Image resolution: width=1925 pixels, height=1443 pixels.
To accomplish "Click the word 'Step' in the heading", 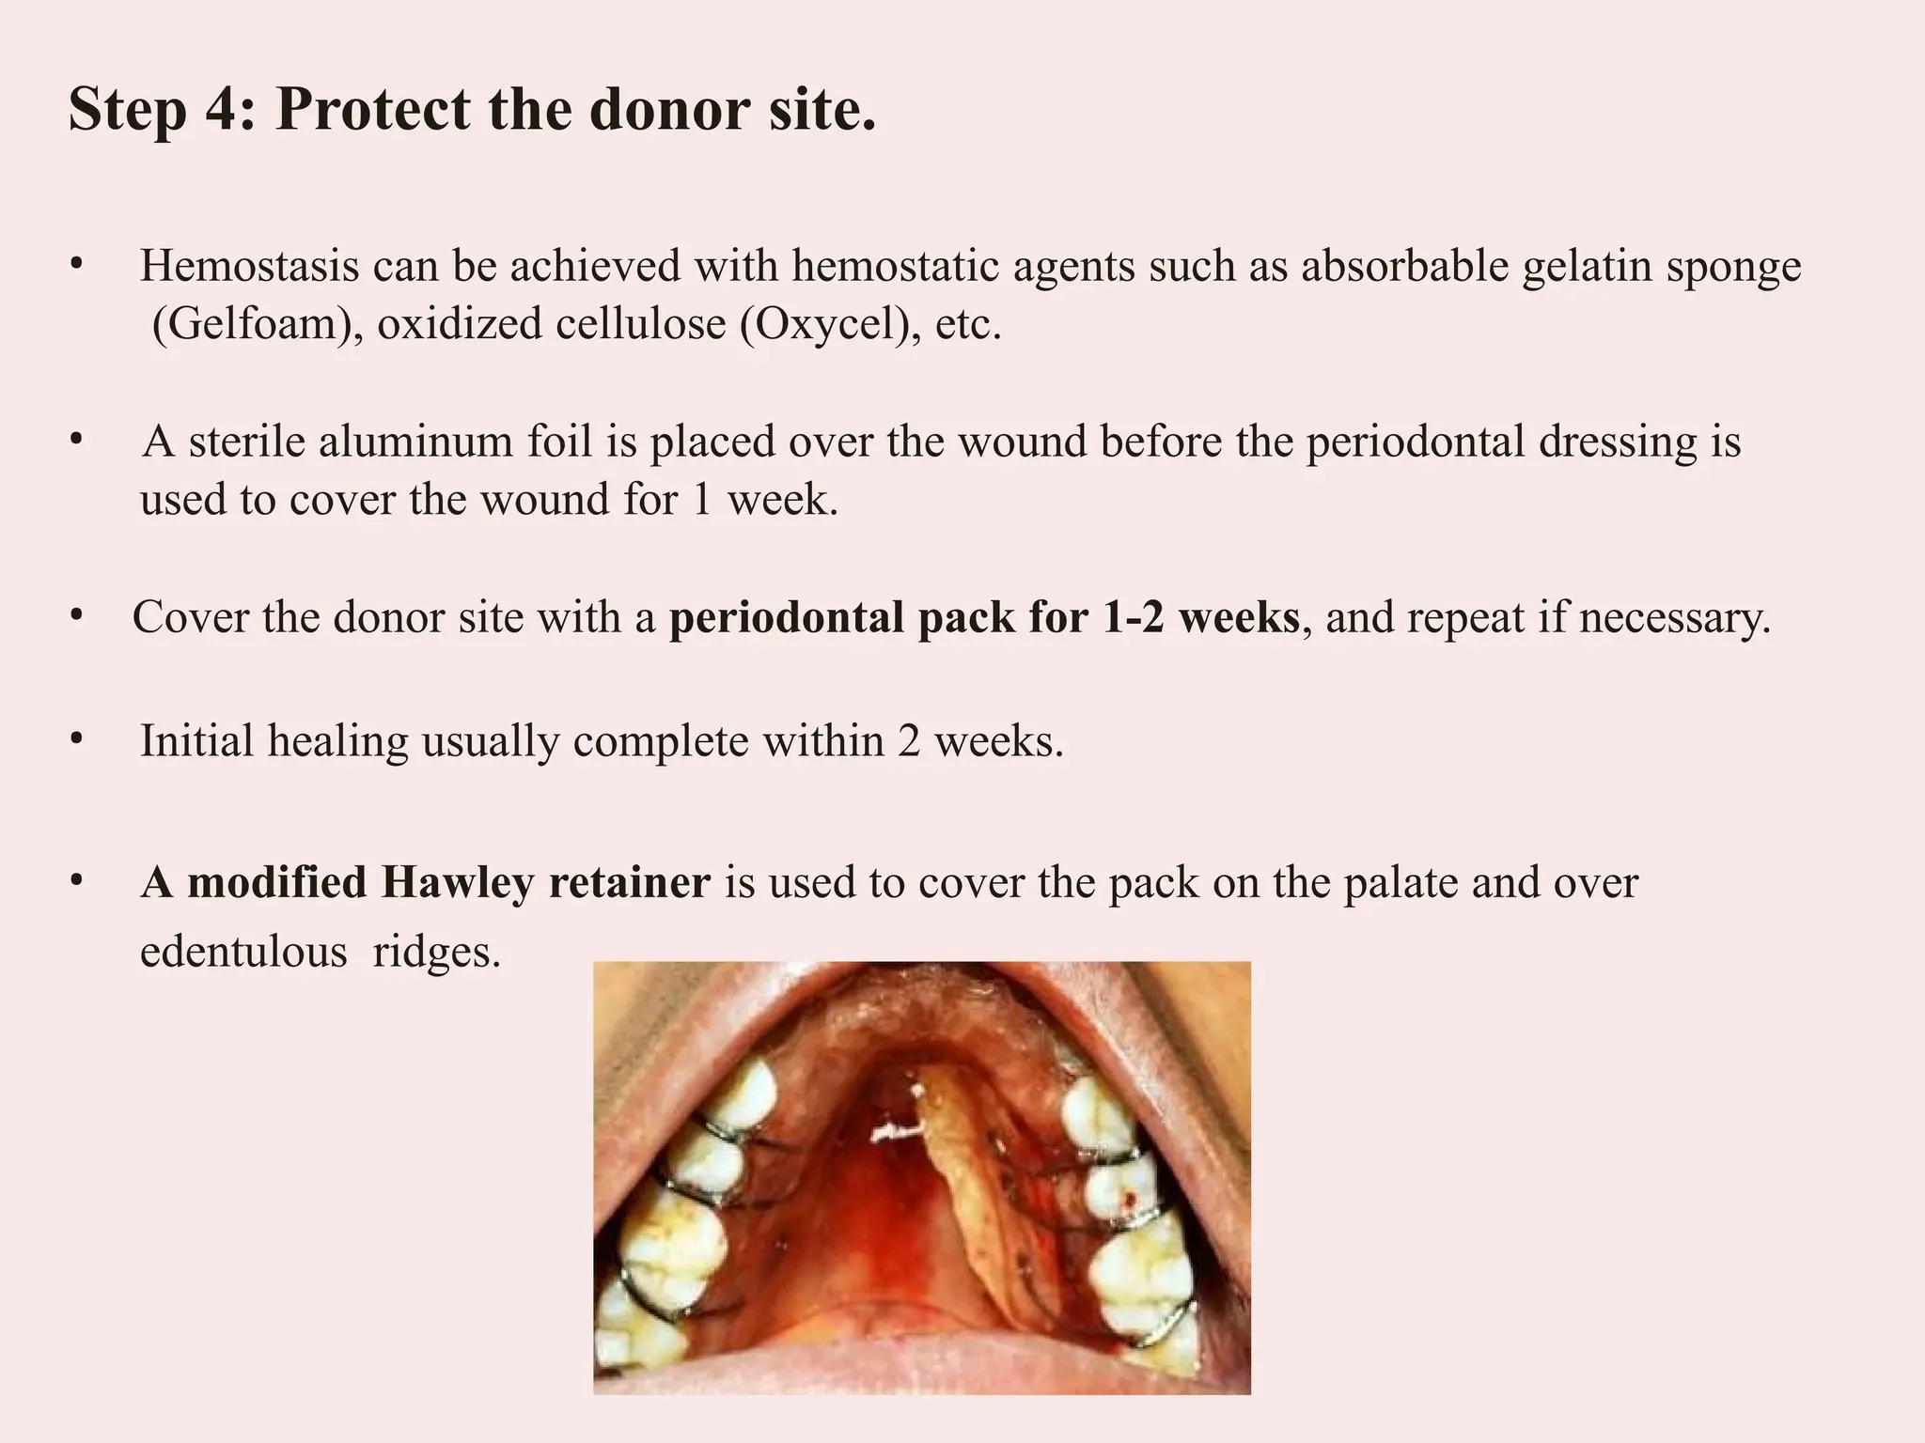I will [127, 111].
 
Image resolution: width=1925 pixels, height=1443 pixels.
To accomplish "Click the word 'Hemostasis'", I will [249, 266].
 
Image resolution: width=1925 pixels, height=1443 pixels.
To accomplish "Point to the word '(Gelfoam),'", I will [257, 324].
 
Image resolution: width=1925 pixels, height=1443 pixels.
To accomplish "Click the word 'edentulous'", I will [243, 952].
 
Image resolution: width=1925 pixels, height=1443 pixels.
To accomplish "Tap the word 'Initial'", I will [196, 741].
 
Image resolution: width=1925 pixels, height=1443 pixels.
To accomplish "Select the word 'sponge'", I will [1733, 267].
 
